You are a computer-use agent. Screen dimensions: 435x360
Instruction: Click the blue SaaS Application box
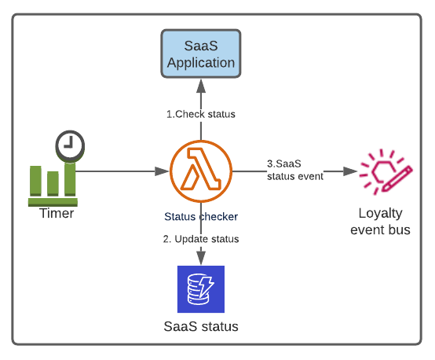pyautogui.click(x=201, y=53)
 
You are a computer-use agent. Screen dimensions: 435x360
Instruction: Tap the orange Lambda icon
pyautogui.click(x=201, y=171)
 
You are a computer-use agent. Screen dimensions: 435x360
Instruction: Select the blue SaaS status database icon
pyautogui.click(x=201, y=289)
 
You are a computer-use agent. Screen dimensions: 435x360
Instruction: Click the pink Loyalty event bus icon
pyautogui.click(x=386, y=171)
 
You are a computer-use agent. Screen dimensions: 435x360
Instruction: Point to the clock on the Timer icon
pyautogui.click(x=70, y=146)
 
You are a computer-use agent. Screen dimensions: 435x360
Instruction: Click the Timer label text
pyautogui.click(x=57, y=213)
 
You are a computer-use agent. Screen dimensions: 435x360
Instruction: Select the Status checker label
pyautogui.click(x=201, y=217)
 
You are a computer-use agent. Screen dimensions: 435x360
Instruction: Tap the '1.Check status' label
pyautogui.click(x=201, y=114)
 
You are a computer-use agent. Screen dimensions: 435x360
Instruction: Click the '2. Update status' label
pyautogui.click(x=201, y=239)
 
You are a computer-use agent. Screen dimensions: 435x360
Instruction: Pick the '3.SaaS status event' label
pyautogui.click(x=295, y=170)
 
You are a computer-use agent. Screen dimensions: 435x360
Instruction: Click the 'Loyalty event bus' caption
pyautogui.click(x=380, y=222)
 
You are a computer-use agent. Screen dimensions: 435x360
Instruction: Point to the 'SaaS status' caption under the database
pyautogui.click(x=201, y=326)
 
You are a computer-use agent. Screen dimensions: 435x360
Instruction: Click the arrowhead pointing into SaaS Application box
pyautogui.click(x=201, y=86)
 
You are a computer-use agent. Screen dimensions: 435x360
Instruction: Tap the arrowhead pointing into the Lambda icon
pyautogui.click(x=162, y=171)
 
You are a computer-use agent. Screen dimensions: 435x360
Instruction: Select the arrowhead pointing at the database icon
pyautogui.click(x=201, y=258)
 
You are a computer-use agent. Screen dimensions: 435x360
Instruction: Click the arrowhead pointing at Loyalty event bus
pyautogui.click(x=350, y=171)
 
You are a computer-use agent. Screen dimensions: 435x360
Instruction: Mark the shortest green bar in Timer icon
pyautogui.click(x=53, y=183)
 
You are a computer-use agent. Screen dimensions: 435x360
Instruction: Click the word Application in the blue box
pyautogui.click(x=201, y=63)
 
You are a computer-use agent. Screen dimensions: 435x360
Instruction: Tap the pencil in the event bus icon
pyautogui.click(x=397, y=179)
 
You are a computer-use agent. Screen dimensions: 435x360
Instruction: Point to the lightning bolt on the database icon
pyautogui.click(x=207, y=285)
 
